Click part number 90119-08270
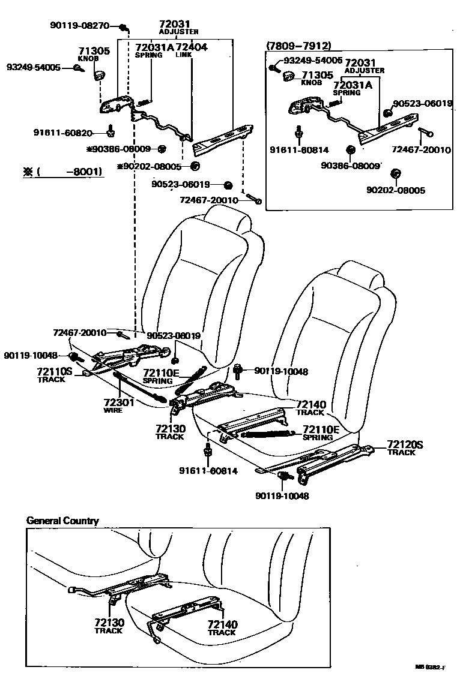(x=79, y=26)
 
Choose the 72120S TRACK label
(x=404, y=447)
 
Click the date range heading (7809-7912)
(x=298, y=46)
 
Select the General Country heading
(x=62, y=521)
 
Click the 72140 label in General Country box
(x=222, y=627)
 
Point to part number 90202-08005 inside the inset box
(x=395, y=190)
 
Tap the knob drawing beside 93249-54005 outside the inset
(x=98, y=75)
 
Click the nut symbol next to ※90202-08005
(x=195, y=166)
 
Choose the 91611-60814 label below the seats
(x=207, y=471)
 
